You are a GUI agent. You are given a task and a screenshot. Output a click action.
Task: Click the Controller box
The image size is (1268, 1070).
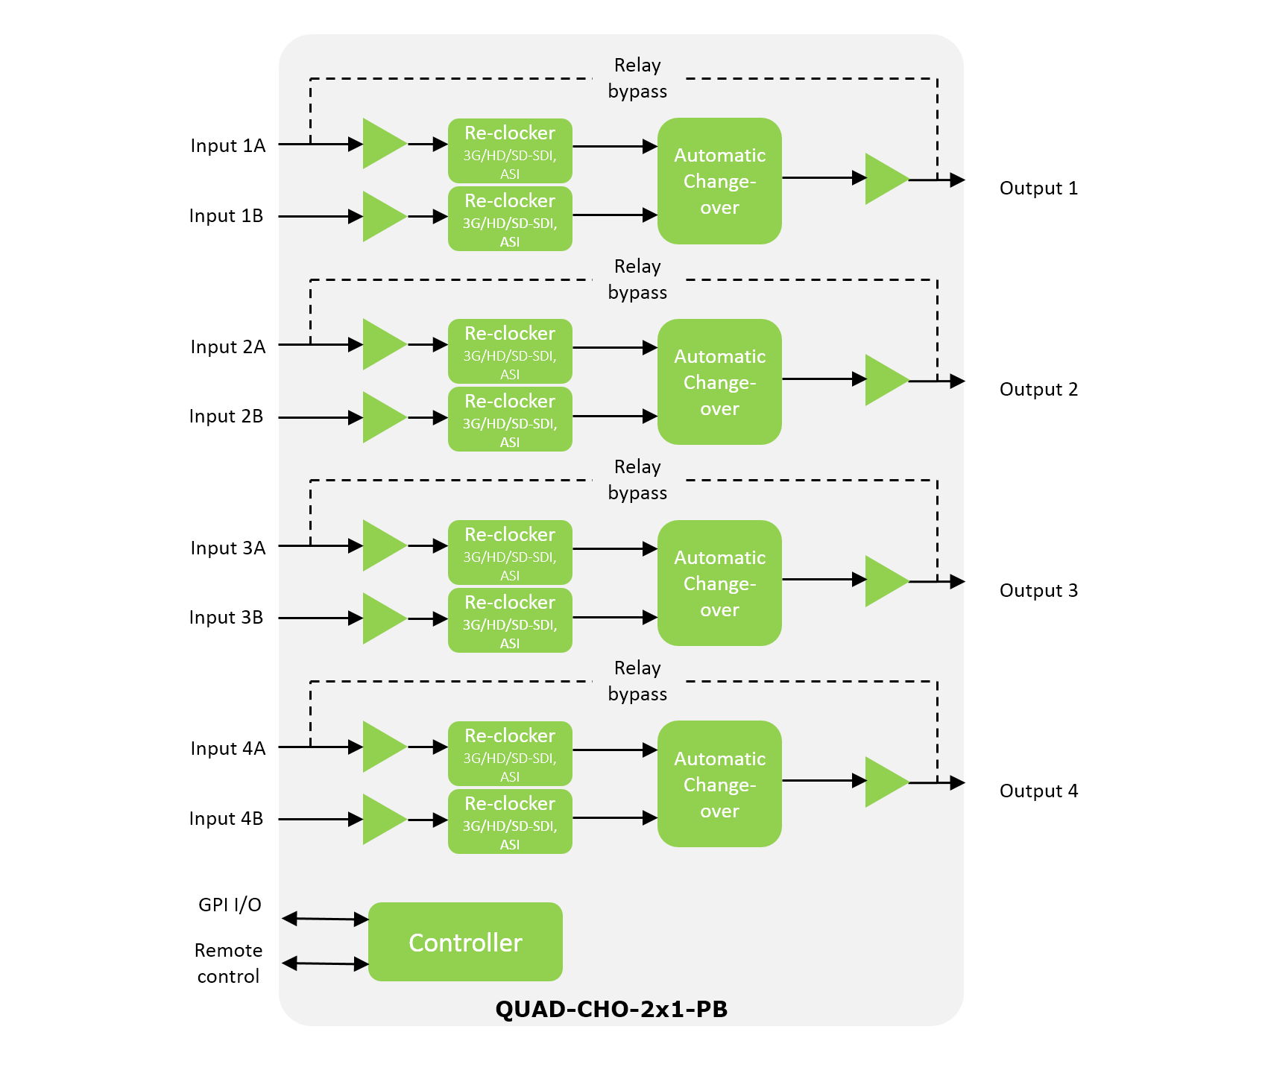(465, 942)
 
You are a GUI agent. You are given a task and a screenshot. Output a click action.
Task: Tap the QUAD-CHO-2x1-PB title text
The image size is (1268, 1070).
(611, 1009)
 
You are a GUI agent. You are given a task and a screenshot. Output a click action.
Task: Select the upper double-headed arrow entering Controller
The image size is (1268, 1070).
(326, 919)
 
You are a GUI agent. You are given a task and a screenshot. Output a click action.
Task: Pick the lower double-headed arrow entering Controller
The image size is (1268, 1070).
(326, 963)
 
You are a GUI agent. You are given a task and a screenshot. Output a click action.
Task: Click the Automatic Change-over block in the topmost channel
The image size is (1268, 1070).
(719, 181)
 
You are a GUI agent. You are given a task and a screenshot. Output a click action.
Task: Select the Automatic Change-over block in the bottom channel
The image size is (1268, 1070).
(719, 784)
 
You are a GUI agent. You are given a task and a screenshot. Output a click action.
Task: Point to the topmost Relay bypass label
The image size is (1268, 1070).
(637, 78)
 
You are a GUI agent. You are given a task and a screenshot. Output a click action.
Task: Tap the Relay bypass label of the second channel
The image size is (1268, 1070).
(637, 279)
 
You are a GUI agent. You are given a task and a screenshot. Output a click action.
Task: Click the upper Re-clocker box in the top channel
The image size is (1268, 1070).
(510, 151)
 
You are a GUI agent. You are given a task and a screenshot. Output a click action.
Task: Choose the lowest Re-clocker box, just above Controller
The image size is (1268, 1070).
(510, 821)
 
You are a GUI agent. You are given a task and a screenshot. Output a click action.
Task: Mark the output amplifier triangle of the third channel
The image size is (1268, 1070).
(885, 580)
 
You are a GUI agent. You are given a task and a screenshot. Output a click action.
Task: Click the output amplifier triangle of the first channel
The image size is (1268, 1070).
(885, 179)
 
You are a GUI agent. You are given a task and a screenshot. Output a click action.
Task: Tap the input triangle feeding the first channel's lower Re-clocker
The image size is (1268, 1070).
(382, 216)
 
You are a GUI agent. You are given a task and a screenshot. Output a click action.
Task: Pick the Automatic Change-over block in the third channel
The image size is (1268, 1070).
(719, 583)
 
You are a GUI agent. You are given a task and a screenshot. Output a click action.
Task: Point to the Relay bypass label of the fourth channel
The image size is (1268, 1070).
(637, 681)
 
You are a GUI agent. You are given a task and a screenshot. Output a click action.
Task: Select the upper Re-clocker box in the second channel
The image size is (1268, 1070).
(510, 352)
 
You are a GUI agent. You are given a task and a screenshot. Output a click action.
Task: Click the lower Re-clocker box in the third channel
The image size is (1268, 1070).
(510, 620)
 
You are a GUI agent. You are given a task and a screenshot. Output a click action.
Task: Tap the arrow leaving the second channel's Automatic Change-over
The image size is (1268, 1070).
(824, 379)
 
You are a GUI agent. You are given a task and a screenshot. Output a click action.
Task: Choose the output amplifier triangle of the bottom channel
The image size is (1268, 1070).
(885, 782)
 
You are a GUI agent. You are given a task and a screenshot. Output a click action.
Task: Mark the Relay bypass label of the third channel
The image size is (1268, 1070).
(637, 480)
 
